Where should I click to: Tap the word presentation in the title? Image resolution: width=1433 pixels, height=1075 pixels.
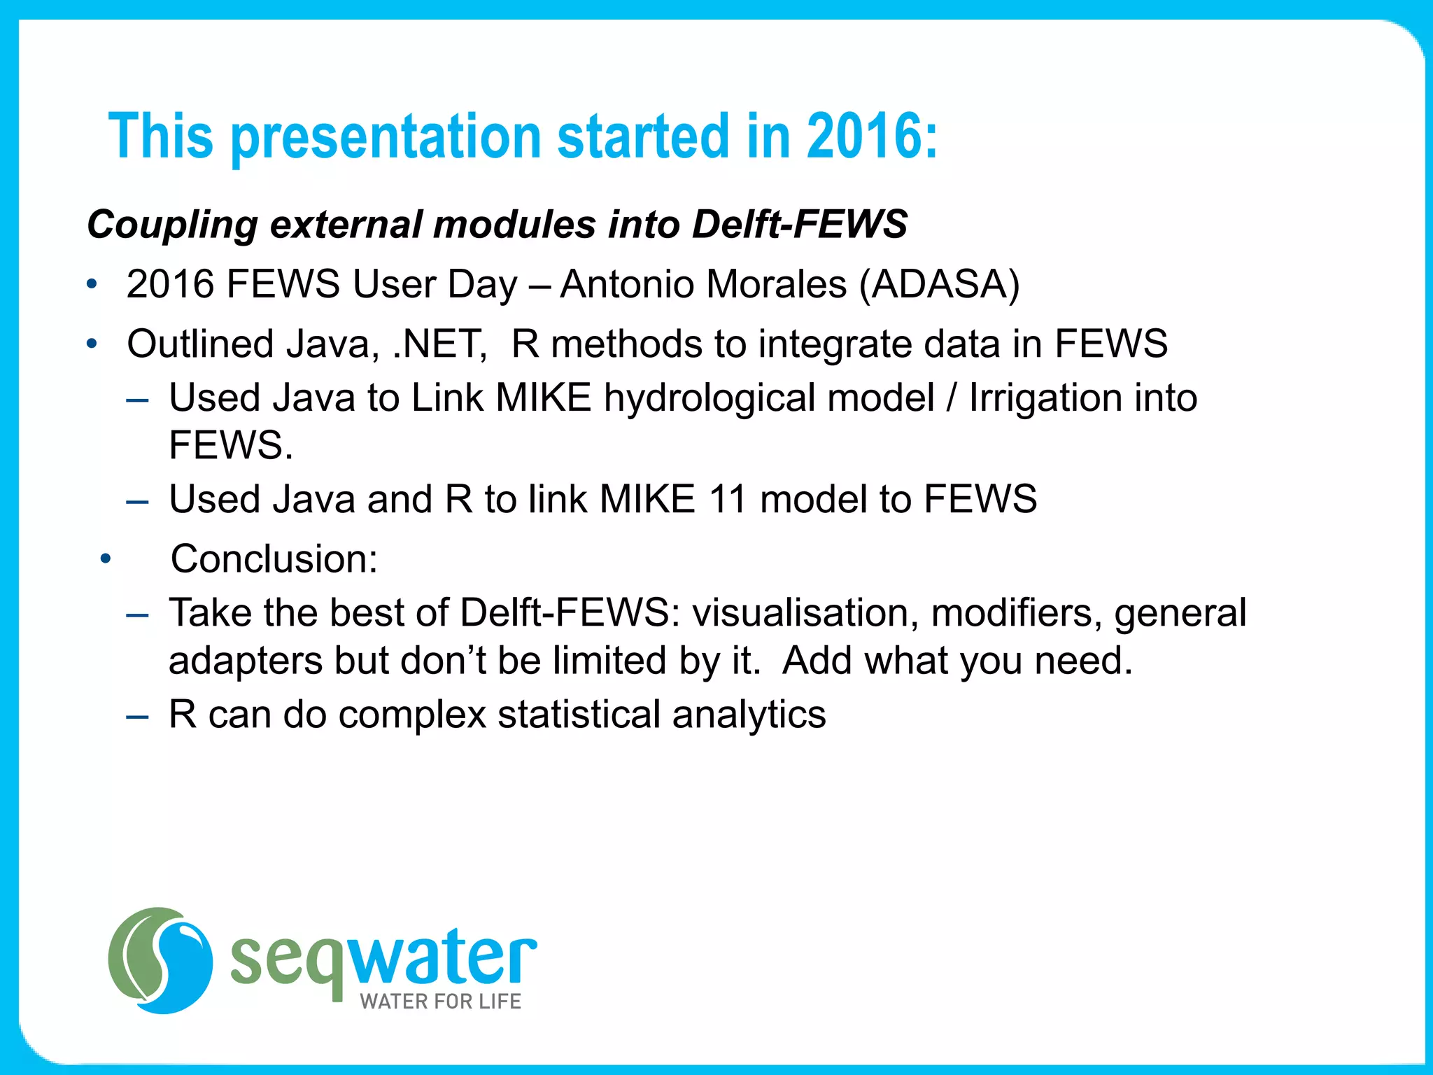pos(386,138)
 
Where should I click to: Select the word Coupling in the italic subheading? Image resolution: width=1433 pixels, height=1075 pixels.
pos(172,225)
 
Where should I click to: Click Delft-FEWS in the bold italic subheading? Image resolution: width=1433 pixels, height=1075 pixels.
pos(799,225)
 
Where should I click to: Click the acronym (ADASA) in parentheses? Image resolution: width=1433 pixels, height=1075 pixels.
pos(940,285)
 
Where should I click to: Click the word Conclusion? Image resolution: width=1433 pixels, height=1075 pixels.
pos(274,559)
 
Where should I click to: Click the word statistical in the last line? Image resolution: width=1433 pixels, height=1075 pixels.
pos(579,715)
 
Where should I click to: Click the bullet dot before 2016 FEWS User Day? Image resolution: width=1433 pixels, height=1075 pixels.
pos(92,285)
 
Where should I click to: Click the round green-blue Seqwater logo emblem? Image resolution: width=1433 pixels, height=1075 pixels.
pos(160,960)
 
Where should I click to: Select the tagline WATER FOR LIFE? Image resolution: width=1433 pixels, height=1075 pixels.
pos(440,1002)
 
